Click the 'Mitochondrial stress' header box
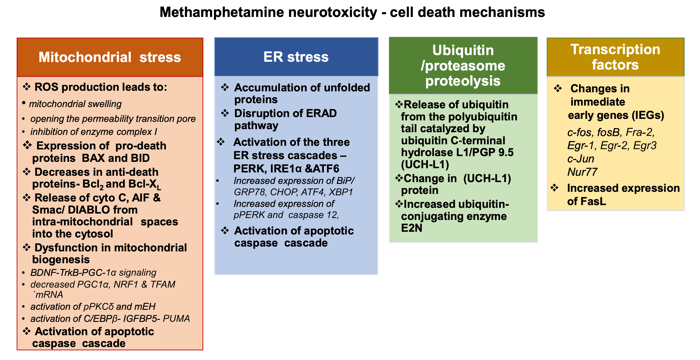tap(110, 57)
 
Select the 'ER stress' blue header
tap(296, 57)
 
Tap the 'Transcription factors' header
tap(615, 57)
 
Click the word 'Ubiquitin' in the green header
tap(463, 50)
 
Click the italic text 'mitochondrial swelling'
tap(75, 104)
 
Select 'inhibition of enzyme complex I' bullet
tap(93, 132)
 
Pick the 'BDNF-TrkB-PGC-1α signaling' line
tap(93, 273)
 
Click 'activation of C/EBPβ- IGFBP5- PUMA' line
tap(110, 319)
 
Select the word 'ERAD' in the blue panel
tap(321, 113)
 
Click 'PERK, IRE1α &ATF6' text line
tap(286, 169)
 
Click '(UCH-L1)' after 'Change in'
tap(487, 178)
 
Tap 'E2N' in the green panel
tap(411, 228)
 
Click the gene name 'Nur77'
tap(582, 172)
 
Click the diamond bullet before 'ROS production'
tap(27, 87)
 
